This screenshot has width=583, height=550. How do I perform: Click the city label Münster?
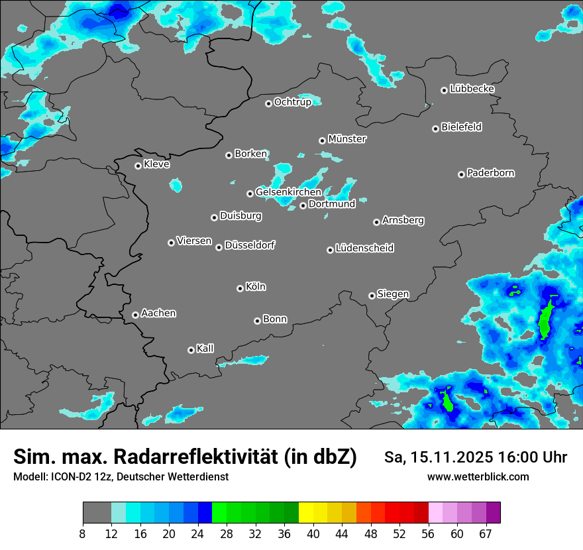(347, 139)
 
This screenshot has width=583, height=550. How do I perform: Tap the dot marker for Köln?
(240, 288)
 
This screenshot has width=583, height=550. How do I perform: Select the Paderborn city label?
(491, 173)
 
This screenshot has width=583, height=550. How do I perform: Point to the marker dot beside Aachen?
(135, 315)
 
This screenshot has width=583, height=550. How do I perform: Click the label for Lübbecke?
(472, 89)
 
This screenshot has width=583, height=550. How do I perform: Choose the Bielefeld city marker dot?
(435, 129)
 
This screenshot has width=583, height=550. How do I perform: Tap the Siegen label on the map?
(393, 294)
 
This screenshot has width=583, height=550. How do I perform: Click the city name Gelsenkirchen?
(288, 192)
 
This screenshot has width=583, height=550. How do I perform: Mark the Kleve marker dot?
(138, 166)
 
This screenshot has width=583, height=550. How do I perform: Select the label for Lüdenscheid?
(364, 248)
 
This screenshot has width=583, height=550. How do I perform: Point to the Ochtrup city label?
(292, 102)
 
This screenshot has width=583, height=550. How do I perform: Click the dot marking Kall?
(191, 350)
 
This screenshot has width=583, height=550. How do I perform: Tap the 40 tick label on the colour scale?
(313, 534)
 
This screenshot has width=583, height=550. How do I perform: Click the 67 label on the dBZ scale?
(486, 534)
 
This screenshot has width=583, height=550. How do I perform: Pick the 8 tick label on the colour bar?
(83, 534)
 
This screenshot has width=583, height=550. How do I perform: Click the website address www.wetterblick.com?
(478, 476)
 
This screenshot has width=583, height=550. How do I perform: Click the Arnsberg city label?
(403, 220)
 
